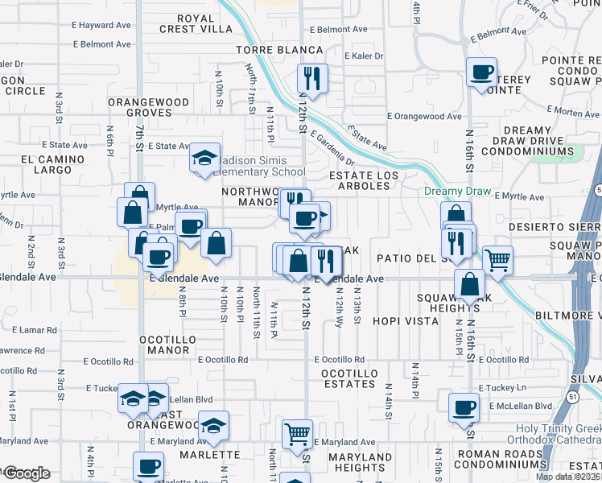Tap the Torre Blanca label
(279, 50)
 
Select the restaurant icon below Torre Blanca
(310, 78)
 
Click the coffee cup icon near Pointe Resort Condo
(481, 72)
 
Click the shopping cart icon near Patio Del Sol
(497, 260)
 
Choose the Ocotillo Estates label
(348, 378)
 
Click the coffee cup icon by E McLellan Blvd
(463, 407)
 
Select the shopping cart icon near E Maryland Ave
(297, 434)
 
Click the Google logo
(27, 473)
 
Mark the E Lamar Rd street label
(35, 330)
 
